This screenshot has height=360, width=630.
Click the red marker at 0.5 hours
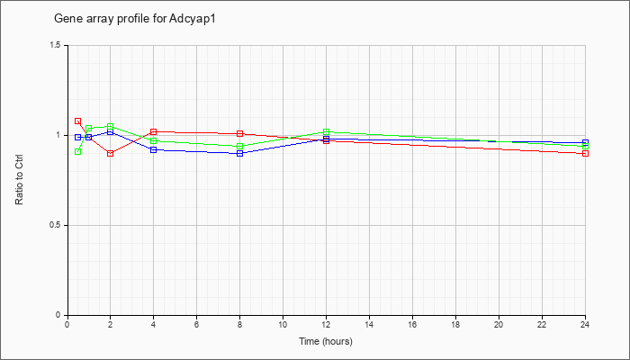tap(78, 121)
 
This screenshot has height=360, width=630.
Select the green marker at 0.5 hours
tap(78, 151)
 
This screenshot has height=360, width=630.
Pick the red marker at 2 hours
tap(110, 153)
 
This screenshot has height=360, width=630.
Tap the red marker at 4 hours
tap(154, 131)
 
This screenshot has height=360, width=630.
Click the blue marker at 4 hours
tap(154, 149)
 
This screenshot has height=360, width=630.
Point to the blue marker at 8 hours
tap(240, 153)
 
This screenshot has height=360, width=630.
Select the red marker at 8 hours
tap(240, 133)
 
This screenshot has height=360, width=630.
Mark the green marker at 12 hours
tap(326, 131)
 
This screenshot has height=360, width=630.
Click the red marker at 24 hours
tap(585, 153)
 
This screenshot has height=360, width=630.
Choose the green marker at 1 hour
tap(89, 128)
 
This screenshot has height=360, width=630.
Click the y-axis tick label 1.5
tap(56, 45)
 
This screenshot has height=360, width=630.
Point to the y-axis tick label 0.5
tap(56, 225)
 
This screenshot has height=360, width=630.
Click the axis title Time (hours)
tap(326, 341)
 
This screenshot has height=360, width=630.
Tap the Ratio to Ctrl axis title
tap(19, 180)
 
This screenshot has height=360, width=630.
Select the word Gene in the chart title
tap(64, 19)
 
